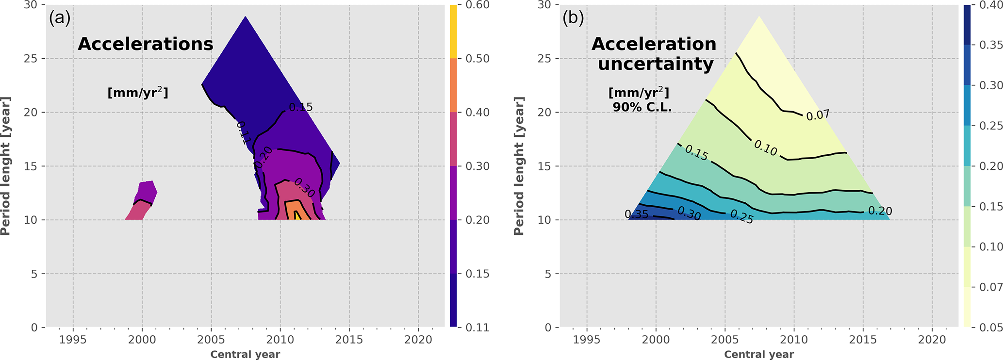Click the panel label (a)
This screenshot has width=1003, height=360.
(60, 18)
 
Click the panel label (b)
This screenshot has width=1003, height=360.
(573, 18)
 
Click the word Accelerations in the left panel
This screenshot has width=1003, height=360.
(146, 44)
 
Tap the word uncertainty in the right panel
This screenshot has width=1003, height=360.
(656, 64)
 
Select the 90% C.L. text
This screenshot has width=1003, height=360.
(642, 107)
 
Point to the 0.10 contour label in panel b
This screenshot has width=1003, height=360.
(766, 148)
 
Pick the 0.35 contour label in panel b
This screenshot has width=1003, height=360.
(636, 214)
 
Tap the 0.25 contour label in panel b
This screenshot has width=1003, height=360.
(741, 216)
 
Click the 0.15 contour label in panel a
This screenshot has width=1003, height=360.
(301, 107)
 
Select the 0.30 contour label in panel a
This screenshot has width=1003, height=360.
(304, 188)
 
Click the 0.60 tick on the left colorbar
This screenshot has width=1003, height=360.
(477, 5)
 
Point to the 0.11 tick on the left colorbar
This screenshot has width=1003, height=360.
(477, 327)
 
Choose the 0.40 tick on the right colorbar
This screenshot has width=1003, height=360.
(991, 5)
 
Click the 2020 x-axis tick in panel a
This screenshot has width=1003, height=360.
(418, 340)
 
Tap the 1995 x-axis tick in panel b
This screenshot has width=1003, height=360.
(587, 340)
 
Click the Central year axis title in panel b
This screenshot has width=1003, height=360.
(759, 355)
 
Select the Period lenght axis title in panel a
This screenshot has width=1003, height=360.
(6, 166)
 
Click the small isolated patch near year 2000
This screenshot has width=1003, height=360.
(142, 201)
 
